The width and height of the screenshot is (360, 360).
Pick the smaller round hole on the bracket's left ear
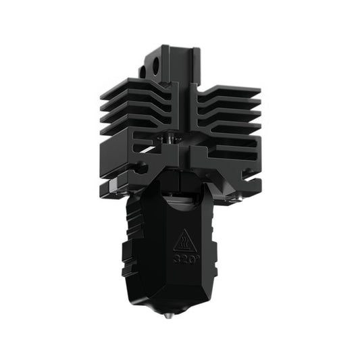144,70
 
